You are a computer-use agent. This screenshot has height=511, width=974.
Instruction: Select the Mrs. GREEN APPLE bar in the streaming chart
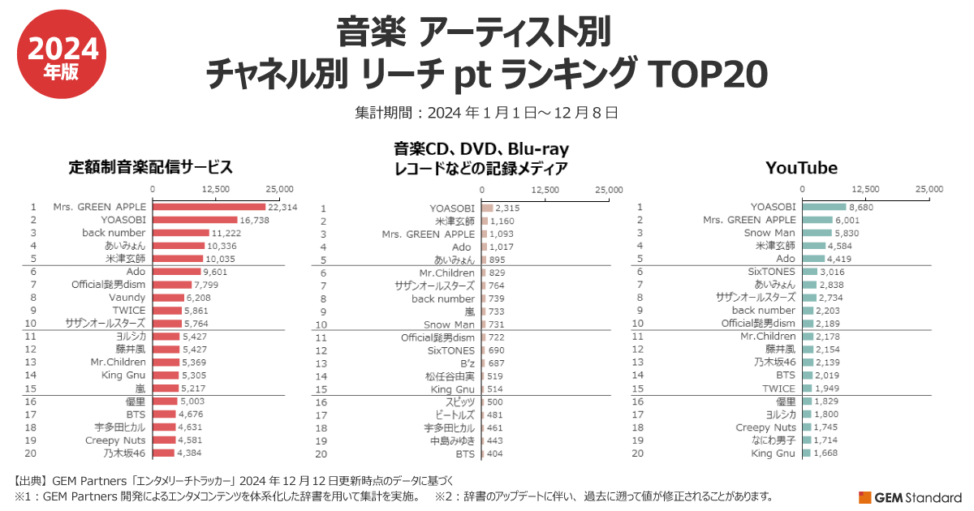[x=209, y=207]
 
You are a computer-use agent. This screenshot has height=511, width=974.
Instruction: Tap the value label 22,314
[x=282, y=207]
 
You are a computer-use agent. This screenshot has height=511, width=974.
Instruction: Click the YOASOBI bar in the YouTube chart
[x=825, y=207]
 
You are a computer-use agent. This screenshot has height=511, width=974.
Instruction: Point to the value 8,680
[x=864, y=207]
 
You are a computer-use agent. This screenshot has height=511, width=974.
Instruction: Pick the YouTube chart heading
[x=801, y=168]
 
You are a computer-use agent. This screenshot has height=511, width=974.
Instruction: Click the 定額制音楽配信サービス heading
[x=151, y=168]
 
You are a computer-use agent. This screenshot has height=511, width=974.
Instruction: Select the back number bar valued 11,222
[x=181, y=233]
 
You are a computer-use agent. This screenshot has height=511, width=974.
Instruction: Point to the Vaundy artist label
[x=128, y=298]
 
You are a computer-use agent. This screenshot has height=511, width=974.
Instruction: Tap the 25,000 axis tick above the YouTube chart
[x=930, y=188]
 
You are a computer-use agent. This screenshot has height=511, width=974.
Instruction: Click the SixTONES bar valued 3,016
[x=810, y=272]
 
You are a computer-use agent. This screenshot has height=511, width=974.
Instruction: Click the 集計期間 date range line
[x=487, y=112]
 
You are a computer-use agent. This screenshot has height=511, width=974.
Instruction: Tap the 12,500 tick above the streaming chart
[x=216, y=188]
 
